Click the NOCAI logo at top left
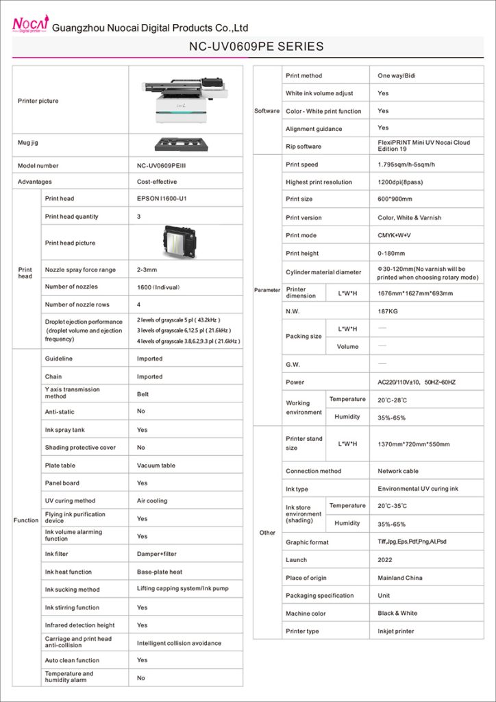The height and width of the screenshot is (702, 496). (29, 25)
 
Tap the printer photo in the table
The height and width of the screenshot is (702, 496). (186, 100)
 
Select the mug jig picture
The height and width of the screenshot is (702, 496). (185, 144)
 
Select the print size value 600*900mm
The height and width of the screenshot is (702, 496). (395, 199)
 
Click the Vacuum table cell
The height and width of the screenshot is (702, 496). (156, 465)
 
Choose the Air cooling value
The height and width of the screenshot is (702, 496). (152, 501)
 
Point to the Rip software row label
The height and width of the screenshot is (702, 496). (303, 147)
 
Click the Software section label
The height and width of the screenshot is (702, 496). (267, 111)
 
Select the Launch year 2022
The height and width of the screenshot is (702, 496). (385, 560)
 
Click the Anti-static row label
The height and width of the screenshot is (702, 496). (60, 412)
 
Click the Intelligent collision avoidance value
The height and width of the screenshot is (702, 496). (179, 643)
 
